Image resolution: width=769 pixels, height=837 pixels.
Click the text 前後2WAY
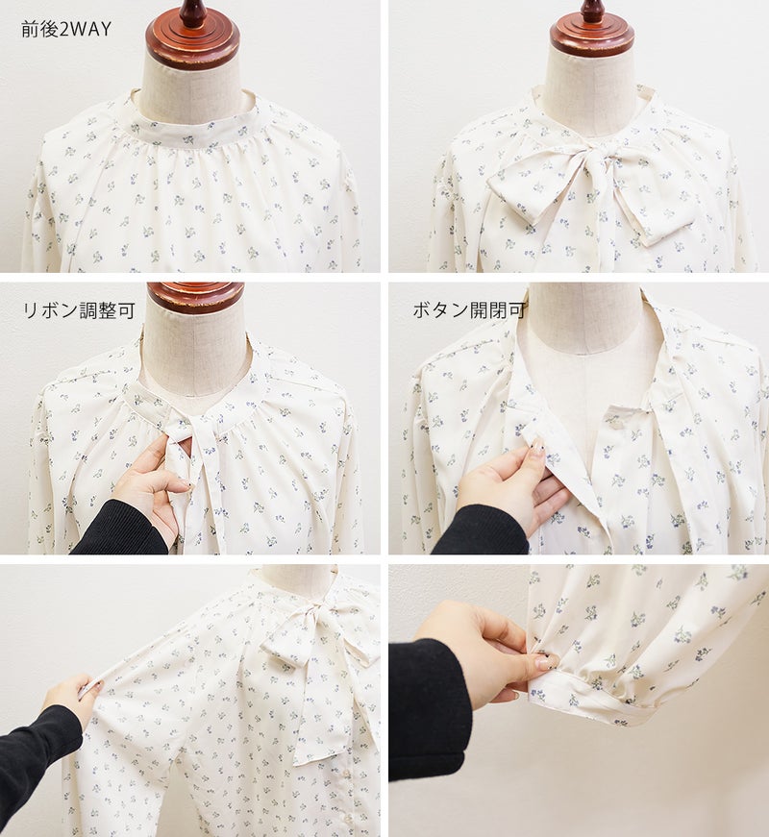point(66,29)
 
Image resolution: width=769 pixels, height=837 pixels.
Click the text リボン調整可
point(79,310)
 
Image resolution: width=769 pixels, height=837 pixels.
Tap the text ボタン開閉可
point(469,310)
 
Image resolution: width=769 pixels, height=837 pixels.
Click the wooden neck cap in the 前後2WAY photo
point(194,36)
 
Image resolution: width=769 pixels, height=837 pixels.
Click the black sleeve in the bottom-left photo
point(37,769)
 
